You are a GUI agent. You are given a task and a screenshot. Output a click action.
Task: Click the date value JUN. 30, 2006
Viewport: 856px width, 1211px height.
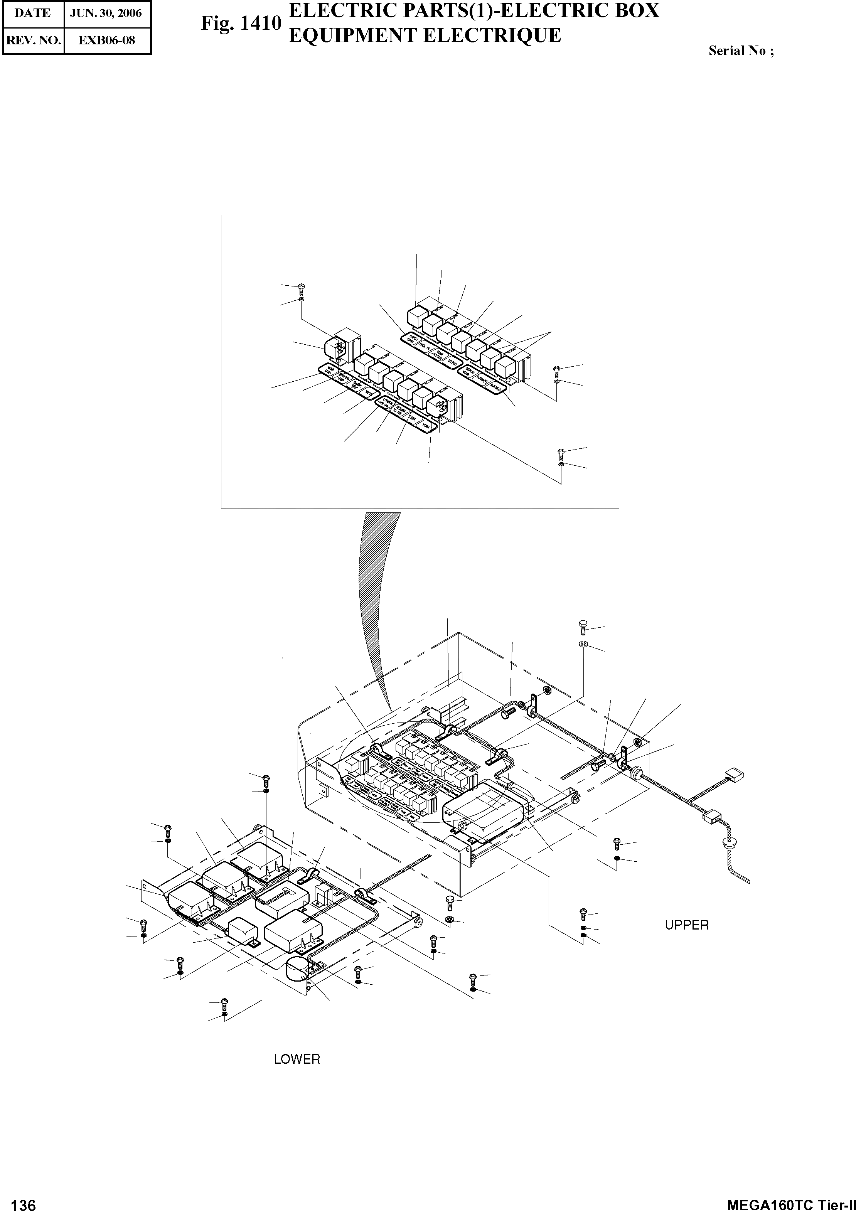[106, 13]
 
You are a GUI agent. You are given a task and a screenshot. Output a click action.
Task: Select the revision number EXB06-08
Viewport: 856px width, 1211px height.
[106, 40]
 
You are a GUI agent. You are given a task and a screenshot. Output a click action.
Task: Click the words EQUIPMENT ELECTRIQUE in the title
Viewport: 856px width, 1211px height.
[425, 35]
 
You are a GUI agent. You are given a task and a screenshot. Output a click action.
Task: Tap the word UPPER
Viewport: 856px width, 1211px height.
[687, 925]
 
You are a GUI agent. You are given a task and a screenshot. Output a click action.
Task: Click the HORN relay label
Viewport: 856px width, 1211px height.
[426, 425]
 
